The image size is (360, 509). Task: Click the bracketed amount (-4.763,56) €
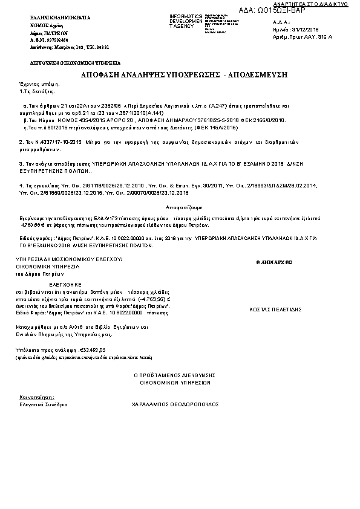click(x=154, y=299)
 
